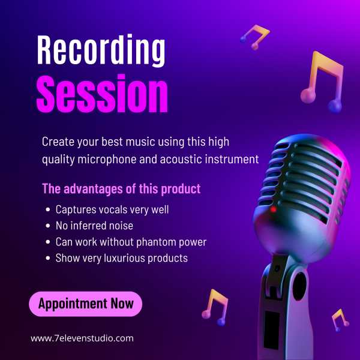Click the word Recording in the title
tap(101, 50)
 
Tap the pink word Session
tap(102, 94)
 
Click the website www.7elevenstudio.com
tap(82, 338)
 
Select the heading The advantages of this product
tap(121, 189)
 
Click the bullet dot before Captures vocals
tap(48, 209)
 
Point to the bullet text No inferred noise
tap(94, 226)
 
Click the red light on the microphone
tap(273, 209)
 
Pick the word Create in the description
tap(58, 142)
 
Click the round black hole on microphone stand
tap(299, 286)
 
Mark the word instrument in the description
tap(232, 159)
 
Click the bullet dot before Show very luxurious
tap(48, 258)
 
